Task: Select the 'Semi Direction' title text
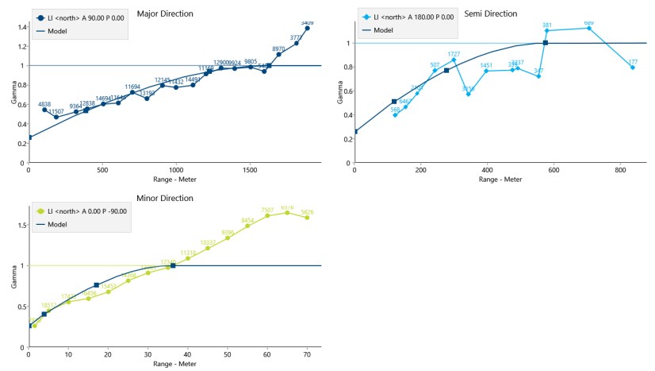point(490,14)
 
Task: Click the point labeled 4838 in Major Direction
point(44,110)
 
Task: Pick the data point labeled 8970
point(279,54)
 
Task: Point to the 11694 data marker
point(132,92)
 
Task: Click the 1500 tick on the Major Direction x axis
point(250,170)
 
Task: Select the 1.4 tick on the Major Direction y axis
point(21,26)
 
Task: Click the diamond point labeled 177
point(633,68)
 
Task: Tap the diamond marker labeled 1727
point(454,60)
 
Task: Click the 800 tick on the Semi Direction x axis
point(621,170)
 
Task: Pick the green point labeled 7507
point(267,215)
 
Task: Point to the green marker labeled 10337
point(208,248)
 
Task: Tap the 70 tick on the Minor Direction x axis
point(307,355)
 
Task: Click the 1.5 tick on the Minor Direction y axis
point(19,225)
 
